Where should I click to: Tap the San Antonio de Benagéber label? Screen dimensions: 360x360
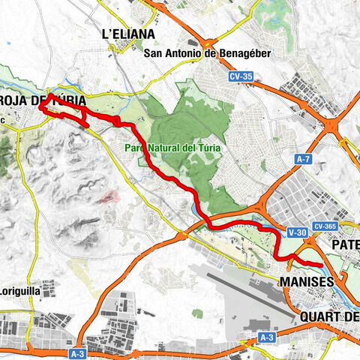pyautogui.click(x=196, y=52)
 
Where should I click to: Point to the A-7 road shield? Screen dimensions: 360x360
pyautogui.click(x=304, y=159)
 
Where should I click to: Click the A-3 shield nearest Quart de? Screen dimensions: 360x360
pyautogui.click(x=265, y=338)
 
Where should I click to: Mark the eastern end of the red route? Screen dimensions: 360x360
pyautogui.click(x=321, y=265)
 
